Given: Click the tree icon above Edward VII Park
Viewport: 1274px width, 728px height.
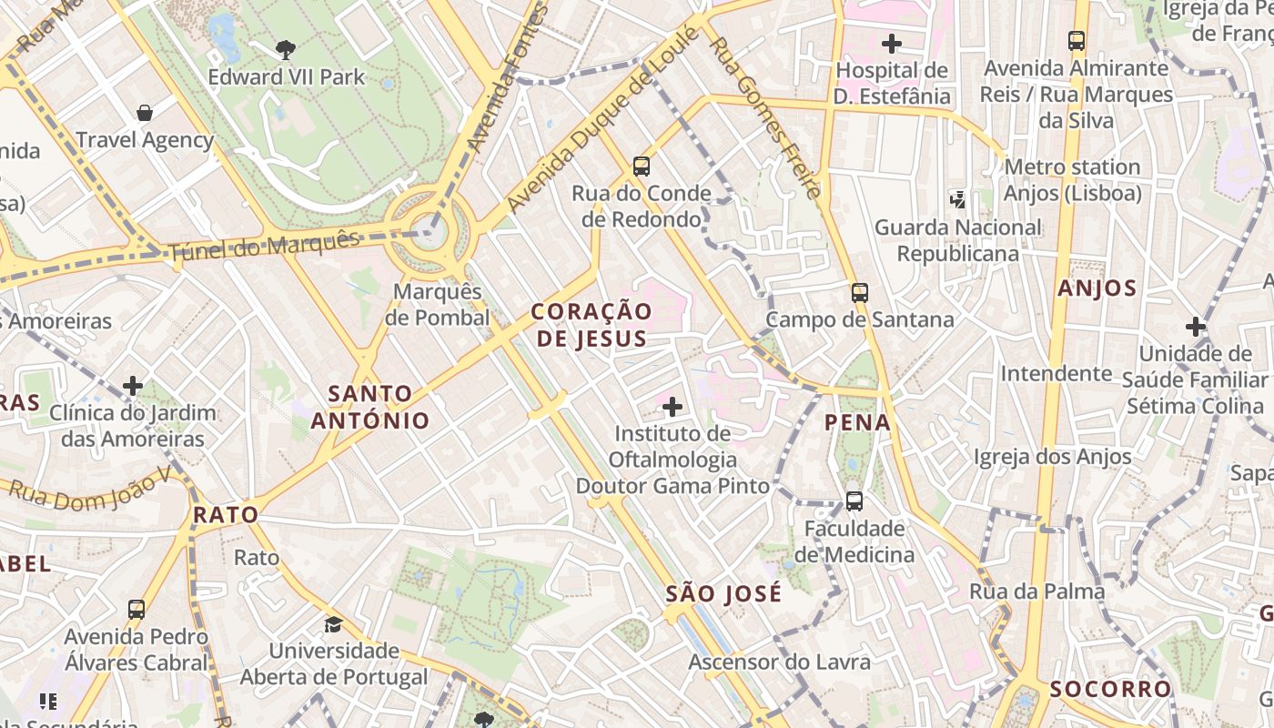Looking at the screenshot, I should [x=286, y=49].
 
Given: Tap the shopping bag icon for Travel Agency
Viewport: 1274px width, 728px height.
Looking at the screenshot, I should [x=144, y=113].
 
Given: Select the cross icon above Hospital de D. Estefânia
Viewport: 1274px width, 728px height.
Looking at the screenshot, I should [x=892, y=43].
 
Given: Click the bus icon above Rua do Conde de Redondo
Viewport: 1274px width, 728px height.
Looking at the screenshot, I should [x=642, y=166].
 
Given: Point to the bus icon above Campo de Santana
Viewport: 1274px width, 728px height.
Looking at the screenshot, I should [x=860, y=292].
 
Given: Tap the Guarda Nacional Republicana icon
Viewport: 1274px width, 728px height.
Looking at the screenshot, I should [x=957, y=198].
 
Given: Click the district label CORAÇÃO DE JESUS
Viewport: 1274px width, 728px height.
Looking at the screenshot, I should [x=591, y=325].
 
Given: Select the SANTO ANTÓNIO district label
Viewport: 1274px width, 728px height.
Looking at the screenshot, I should [x=370, y=407].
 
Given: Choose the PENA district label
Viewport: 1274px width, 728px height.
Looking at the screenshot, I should [x=858, y=422].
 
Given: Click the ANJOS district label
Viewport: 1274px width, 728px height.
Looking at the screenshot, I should [x=1097, y=289].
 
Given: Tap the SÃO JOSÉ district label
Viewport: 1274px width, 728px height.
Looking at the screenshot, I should [x=723, y=594].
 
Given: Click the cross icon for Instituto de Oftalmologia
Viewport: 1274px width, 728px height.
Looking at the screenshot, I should [x=672, y=406].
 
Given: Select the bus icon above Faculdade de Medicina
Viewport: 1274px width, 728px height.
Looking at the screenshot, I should [x=854, y=500].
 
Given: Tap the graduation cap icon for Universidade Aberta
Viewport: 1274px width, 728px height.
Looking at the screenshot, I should [x=334, y=624].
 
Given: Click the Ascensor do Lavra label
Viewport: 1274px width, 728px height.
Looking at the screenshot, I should [x=779, y=662].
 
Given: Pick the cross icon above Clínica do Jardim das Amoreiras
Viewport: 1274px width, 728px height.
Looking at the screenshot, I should [x=133, y=386].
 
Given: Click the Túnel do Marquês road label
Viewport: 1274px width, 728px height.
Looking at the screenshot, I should [x=265, y=247].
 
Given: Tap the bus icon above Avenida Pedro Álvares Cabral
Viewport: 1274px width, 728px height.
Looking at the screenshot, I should [x=136, y=609].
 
